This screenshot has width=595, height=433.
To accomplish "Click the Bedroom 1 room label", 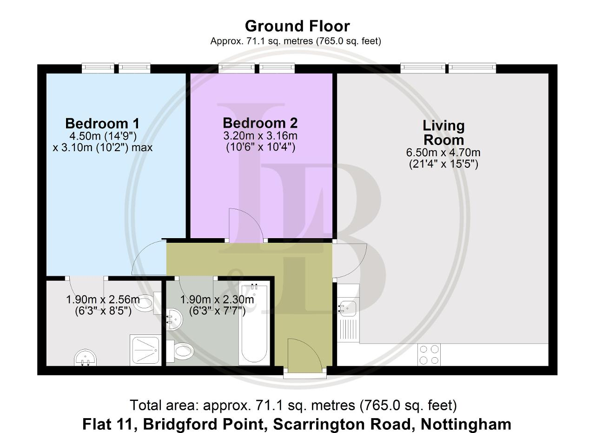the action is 102,124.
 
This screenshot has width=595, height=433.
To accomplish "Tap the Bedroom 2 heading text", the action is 260,123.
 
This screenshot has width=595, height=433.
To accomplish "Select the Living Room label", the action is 443,133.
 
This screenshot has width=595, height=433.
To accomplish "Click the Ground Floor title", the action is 297,26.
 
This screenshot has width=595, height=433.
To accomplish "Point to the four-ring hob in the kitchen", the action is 429,354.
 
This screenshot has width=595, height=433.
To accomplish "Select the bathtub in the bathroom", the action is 254,324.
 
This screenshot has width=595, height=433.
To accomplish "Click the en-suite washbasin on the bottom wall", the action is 85,358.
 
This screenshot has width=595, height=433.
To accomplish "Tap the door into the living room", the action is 350,260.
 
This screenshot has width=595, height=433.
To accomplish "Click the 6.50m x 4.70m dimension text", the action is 443,153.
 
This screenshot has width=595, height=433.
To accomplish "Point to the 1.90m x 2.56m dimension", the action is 103,300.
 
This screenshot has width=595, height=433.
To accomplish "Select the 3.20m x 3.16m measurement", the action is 260,136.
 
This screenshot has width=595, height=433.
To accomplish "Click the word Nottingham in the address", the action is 466,424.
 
